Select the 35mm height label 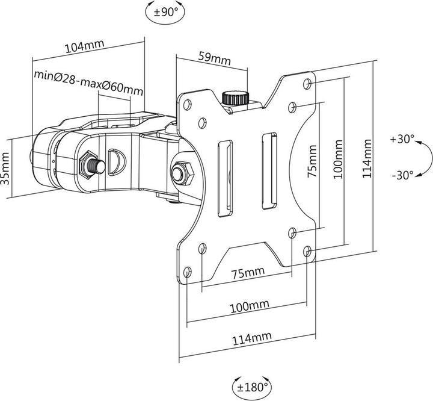(x=7, y=170)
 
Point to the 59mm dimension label (x=213, y=58)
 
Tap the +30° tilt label (x=402, y=138)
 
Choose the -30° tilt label (x=401, y=175)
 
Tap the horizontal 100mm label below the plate (x=249, y=306)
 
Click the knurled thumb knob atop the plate (x=231, y=98)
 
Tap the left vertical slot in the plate (x=224, y=178)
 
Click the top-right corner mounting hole (x=309, y=81)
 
